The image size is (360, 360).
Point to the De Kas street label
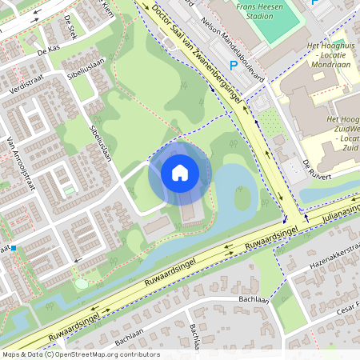click(49, 50)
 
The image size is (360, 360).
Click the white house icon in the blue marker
click(180, 172)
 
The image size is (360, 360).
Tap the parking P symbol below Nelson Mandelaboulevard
click(234, 66)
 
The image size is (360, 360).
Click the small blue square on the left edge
click(13, 249)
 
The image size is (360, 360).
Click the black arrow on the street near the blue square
click(78, 262)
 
